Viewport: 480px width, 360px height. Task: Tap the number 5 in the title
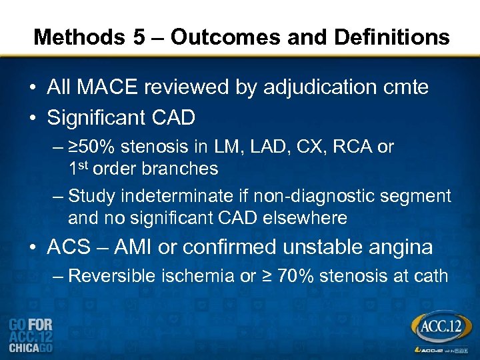coord(138,37)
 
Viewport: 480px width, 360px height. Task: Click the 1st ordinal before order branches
coord(79,168)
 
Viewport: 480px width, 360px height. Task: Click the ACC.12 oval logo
coord(439,328)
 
